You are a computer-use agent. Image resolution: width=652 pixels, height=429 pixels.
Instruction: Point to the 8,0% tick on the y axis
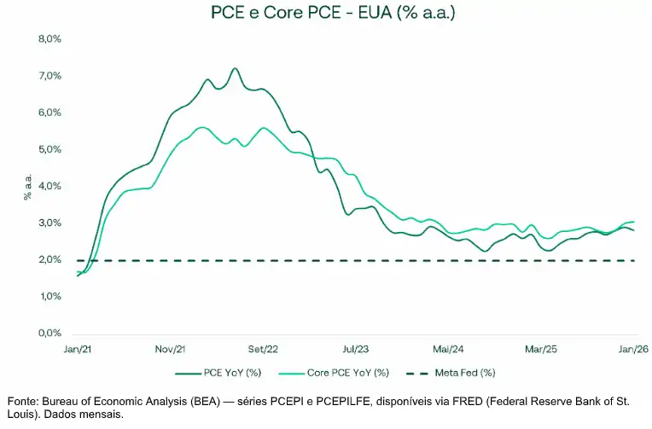(x=50, y=39)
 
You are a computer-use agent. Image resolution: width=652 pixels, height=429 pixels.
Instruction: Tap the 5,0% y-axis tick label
(x=50, y=149)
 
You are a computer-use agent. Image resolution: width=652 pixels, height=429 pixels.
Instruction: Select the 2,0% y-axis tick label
(x=50, y=260)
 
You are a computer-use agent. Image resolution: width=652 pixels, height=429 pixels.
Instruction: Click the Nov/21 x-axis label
(x=170, y=350)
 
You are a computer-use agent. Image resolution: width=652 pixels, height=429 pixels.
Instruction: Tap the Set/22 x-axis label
(x=263, y=350)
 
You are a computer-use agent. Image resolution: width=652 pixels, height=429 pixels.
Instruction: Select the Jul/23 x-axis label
(x=355, y=350)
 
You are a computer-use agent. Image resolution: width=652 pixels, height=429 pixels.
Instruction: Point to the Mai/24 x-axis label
(x=448, y=350)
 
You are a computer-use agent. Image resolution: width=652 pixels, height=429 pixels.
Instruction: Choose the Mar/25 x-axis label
(x=540, y=350)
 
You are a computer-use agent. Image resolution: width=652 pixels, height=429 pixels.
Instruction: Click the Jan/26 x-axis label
(x=632, y=350)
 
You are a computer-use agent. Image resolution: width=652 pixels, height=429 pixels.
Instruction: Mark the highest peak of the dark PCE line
(x=235, y=69)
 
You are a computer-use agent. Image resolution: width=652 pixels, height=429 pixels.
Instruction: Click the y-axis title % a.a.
(x=27, y=187)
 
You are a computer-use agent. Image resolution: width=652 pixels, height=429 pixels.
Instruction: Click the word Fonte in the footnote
(x=23, y=401)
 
